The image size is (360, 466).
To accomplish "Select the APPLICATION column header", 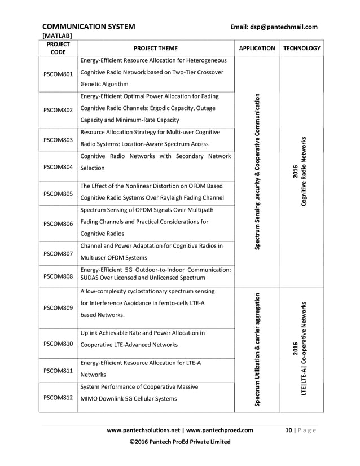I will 257,49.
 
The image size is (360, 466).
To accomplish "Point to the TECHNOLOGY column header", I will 302,49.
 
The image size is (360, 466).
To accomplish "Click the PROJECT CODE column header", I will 58,49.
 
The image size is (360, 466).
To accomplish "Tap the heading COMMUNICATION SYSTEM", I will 89,27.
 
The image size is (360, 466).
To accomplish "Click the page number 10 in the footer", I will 289,430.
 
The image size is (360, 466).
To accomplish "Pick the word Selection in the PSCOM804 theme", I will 93,168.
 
